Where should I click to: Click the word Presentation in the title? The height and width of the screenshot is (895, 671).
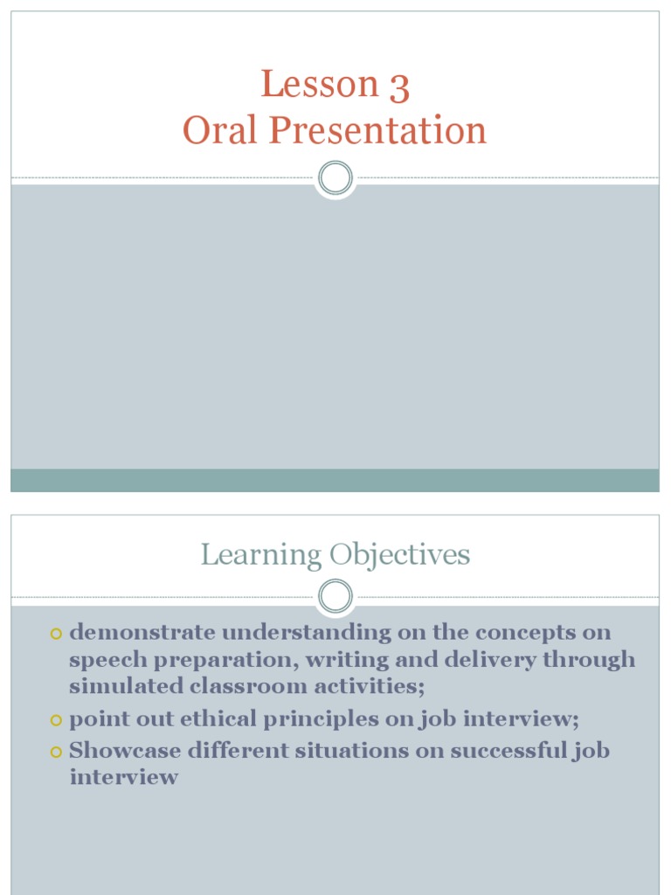point(377,131)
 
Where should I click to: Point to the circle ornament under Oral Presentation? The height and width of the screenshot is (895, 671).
point(335,178)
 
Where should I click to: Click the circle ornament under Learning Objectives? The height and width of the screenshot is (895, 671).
point(335,597)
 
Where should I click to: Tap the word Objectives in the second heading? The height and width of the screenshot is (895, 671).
point(400,555)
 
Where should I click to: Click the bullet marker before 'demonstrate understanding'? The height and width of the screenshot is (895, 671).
point(58,633)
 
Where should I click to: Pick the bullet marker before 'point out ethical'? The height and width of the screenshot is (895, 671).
point(58,720)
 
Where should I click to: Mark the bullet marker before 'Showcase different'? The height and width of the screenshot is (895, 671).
point(58,751)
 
